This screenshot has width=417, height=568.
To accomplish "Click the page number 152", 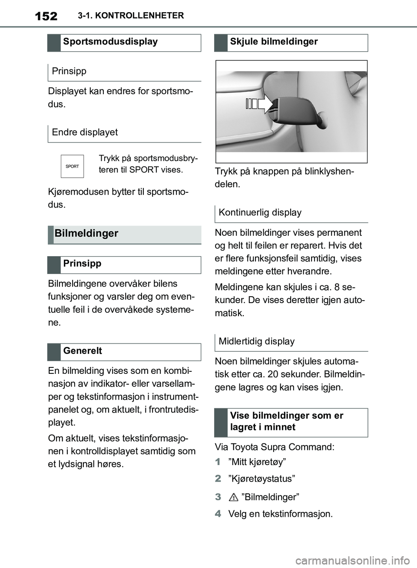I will pos(46,16).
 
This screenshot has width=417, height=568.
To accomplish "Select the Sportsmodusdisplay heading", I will pos(110,42).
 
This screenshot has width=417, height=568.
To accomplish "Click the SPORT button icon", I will pos(72,166).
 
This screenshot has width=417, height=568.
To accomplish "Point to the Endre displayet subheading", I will pos(85,132).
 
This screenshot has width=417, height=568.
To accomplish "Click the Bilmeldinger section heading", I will pos(86,234).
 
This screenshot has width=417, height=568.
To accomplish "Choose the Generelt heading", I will pos(83,351).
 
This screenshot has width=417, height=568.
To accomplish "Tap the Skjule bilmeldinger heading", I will pos(274,42).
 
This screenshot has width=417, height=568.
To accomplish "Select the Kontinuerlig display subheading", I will pos(260,212).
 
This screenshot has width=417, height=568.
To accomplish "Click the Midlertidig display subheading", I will pos(256,341).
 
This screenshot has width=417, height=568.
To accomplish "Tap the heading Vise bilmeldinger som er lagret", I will pos(287,421).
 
